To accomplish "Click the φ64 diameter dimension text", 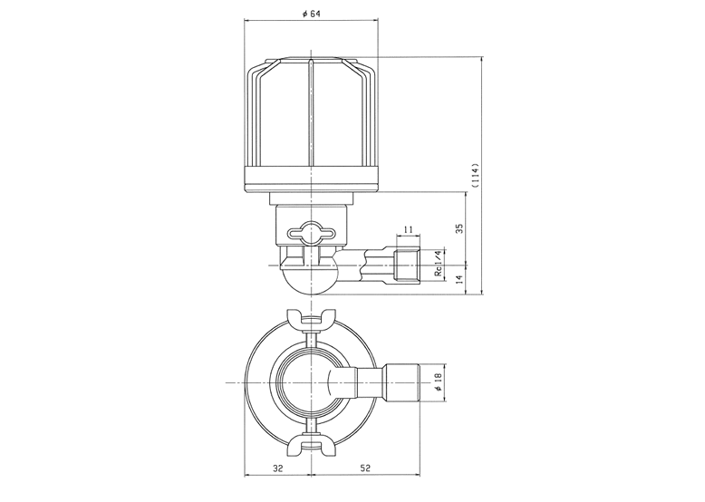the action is pyautogui.click(x=311, y=14).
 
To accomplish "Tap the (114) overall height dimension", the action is pyautogui.click(x=476, y=175).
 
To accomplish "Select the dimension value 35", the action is pyautogui.click(x=459, y=228).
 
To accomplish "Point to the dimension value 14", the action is pyautogui.click(x=459, y=279).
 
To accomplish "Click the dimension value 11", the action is pyautogui.click(x=409, y=229).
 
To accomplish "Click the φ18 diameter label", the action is pyautogui.click(x=439, y=382).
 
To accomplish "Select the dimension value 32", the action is pyautogui.click(x=278, y=468).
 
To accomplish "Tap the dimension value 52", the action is pyautogui.click(x=365, y=468).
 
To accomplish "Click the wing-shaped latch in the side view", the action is pyautogui.click(x=311, y=233).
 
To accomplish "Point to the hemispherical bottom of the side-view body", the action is pyautogui.click(x=311, y=282).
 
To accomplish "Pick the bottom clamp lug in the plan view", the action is pyautogui.click(x=311, y=447).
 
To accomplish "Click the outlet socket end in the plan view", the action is pyautogui.click(x=401, y=382).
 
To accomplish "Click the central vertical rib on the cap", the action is pyautogui.click(x=311, y=111).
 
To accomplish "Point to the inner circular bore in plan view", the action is pyautogui.click(x=311, y=382).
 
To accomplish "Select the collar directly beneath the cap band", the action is pyautogui.click(x=311, y=198).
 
